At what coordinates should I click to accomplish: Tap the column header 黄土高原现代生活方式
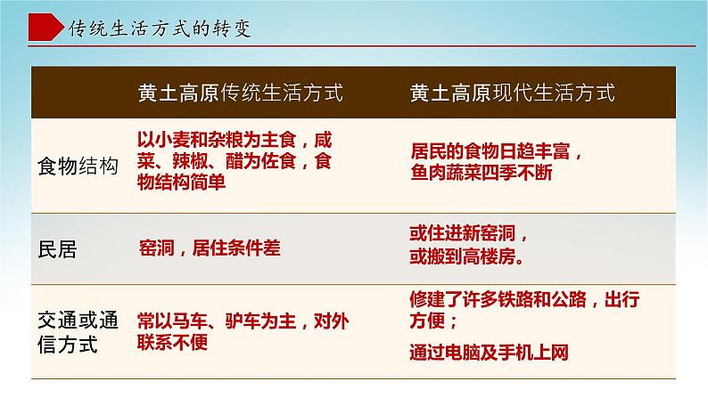click(x=512, y=92)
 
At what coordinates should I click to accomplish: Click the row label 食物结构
click(x=78, y=167)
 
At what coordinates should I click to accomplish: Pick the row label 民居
click(x=59, y=249)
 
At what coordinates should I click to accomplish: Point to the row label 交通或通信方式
click(x=78, y=330)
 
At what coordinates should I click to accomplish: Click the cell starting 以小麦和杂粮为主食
click(x=235, y=140)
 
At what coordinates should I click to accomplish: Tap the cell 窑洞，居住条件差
click(x=210, y=248)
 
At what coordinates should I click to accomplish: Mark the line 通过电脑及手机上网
click(x=489, y=352)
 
